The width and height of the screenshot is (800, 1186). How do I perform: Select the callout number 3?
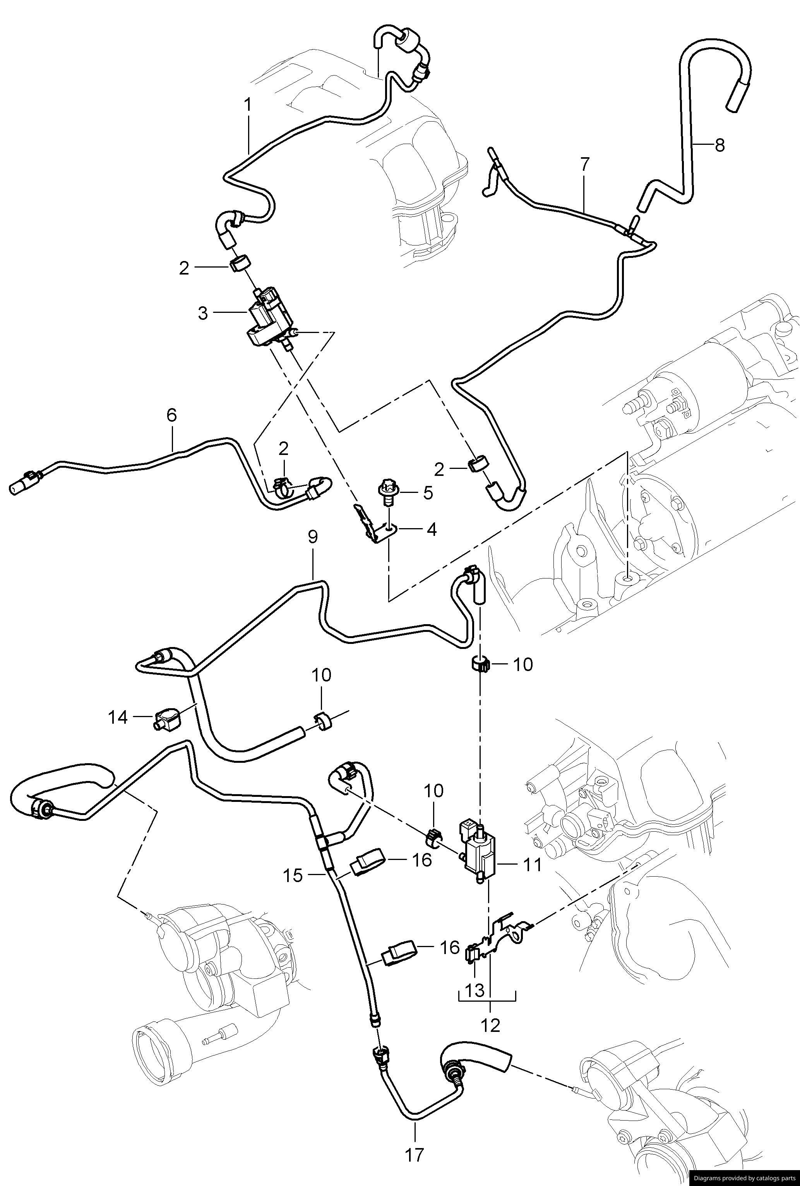[204, 313]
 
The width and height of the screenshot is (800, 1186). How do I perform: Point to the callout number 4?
[431, 530]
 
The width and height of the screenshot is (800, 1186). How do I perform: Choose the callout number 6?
[171, 415]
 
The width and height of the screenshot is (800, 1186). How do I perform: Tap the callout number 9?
[313, 537]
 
